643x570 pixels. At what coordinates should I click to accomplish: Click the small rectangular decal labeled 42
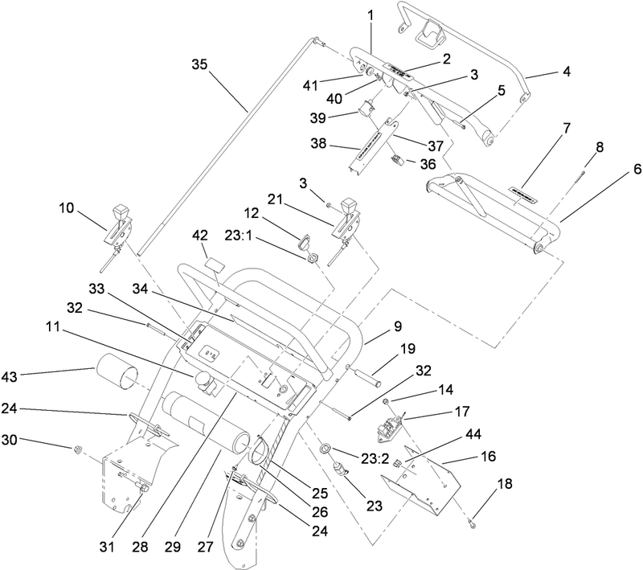[214, 263]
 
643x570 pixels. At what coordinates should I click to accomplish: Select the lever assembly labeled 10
[119, 223]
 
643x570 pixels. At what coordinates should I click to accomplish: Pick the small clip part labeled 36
[395, 158]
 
